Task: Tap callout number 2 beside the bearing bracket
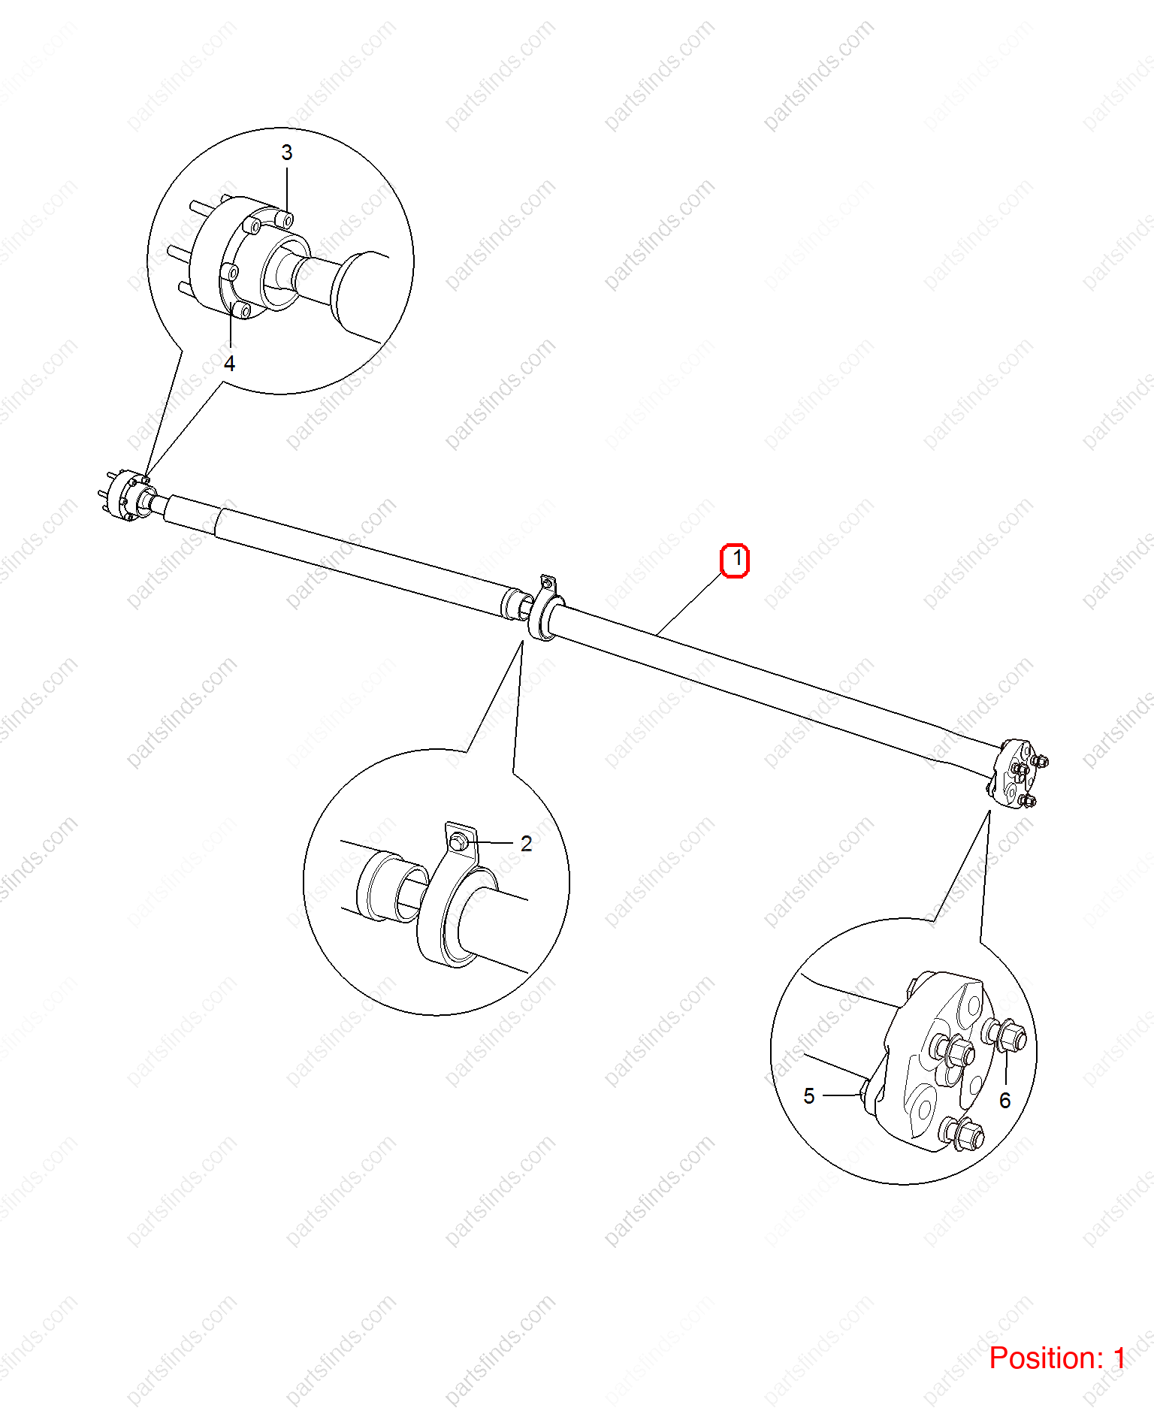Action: pyautogui.click(x=526, y=844)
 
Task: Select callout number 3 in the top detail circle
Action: pyautogui.click(x=286, y=153)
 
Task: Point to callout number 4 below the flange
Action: pyautogui.click(x=229, y=364)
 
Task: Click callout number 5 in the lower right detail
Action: pyautogui.click(x=808, y=1096)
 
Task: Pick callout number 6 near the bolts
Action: pyautogui.click(x=1005, y=1101)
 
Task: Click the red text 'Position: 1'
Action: pyautogui.click(x=1057, y=1358)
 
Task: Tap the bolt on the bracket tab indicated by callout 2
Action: pyautogui.click(x=459, y=843)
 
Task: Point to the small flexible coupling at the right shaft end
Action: pyautogui.click(x=1015, y=774)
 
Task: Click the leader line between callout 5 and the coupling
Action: pyautogui.click(x=842, y=1095)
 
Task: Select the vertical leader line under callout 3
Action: pyautogui.click(x=286, y=191)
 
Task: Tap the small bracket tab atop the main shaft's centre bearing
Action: pyautogui.click(x=548, y=585)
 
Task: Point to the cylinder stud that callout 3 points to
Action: pyautogui.click(x=284, y=219)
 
